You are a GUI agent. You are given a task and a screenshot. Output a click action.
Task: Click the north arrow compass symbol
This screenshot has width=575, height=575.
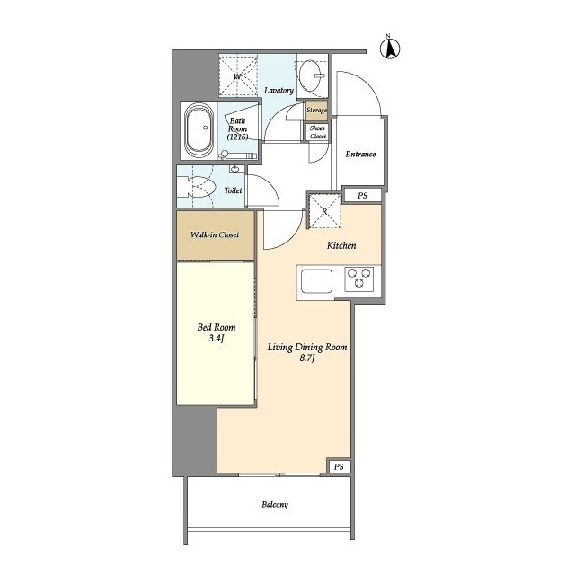point(389,48)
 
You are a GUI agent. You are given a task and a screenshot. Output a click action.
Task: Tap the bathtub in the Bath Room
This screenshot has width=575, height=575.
point(199,130)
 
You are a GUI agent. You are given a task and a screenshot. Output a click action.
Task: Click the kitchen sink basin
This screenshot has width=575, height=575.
point(317,281)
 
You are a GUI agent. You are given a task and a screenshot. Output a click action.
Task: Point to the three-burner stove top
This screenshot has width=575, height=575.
point(359,279)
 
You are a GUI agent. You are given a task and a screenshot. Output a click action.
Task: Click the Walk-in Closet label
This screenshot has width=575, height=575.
point(215,234)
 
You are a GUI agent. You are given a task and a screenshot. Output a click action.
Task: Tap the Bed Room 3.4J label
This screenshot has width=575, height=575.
point(217,332)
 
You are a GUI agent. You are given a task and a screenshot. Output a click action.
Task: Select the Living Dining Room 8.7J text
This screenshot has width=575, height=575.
point(307,352)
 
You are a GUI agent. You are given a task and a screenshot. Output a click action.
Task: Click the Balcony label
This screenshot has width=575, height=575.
point(275,505)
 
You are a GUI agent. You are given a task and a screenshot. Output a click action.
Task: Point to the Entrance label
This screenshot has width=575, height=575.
point(360,154)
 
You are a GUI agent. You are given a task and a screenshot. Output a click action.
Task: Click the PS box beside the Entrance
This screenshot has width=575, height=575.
point(362,196)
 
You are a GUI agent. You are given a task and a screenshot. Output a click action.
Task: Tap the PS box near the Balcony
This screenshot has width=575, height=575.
point(339,466)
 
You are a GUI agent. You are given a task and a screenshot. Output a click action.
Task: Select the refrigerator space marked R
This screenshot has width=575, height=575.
point(324,212)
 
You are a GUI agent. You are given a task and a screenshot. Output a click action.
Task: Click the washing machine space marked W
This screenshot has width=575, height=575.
point(238,75)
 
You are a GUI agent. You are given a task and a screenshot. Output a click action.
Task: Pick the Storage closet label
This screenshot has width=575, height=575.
point(317,110)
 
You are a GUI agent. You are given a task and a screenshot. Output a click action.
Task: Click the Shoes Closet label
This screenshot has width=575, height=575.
point(317,132)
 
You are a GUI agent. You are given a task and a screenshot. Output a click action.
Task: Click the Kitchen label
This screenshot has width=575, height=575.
point(341,245)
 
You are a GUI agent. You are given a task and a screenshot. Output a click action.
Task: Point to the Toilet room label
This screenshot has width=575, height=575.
point(234,190)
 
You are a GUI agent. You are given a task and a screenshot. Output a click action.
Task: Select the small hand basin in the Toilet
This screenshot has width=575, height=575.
point(234,169)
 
